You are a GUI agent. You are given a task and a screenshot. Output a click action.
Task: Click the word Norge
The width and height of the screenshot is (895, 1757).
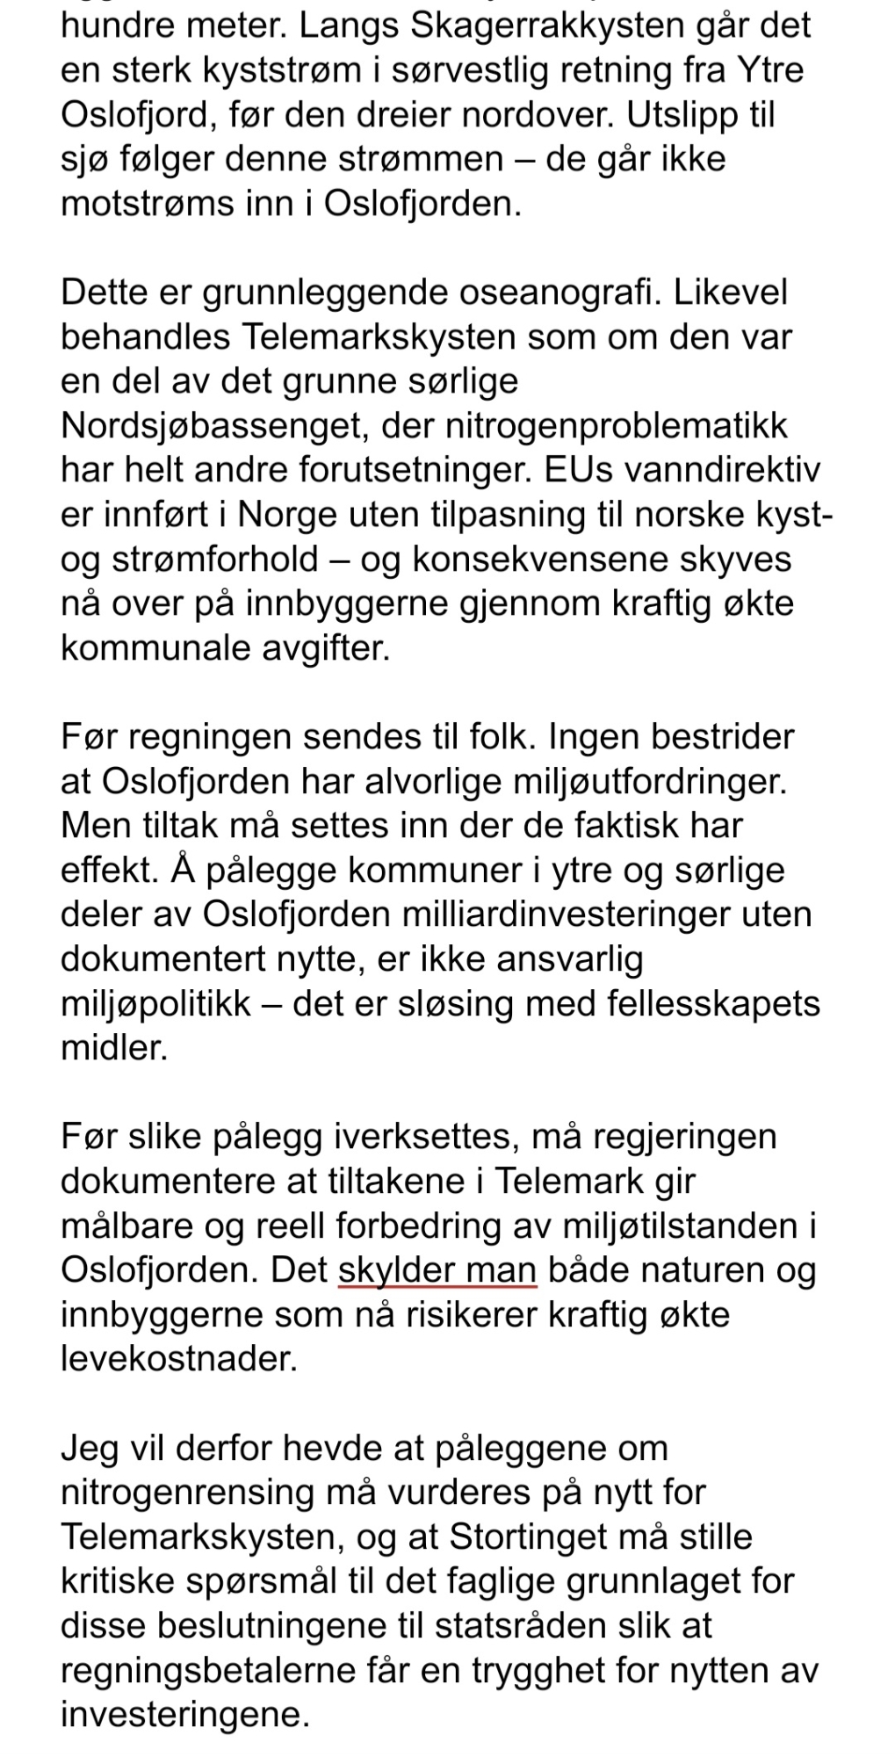(284, 515)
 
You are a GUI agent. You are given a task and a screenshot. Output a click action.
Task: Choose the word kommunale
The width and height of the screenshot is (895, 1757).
(151, 648)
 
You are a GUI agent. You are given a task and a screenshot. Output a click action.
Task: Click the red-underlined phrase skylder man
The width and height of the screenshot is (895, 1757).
(437, 1270)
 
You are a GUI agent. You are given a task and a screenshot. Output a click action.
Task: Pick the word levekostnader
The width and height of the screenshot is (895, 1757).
(179, 1359)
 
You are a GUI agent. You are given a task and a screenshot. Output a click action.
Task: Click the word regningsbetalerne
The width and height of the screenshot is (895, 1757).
(210, 1671)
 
